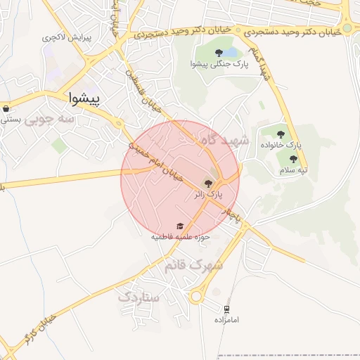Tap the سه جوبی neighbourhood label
pyautogui.click(x=49, y=120)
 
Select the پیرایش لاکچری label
pyautogui.click(x=66, y=37)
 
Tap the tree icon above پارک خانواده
pyautogui.click(x=281, y=134)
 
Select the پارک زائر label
pyautogui.click(x=210, y=194)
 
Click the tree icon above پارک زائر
pyautogui.click(x=210, y=183)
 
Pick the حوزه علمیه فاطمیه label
pyautogui.click(x=181, y=237)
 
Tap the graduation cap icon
pyautogui.click(x=181, y=226)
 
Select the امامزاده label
pyautogui.click(x=227, y=320)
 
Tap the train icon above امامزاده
pyautogui.click(x=227, y=309)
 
